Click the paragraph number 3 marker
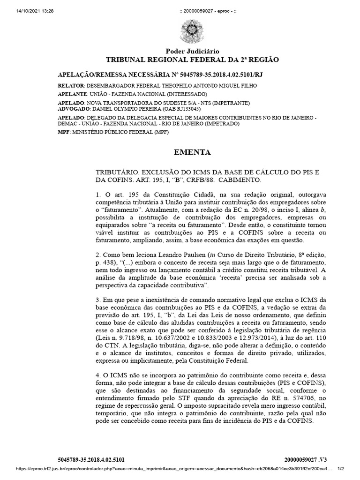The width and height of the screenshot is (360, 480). coord(97,300)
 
